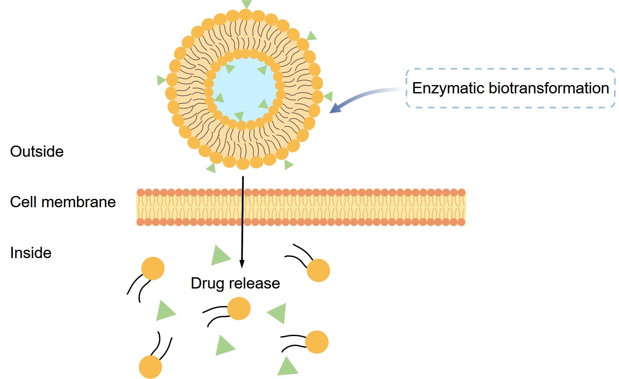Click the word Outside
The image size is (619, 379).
tap(37, 151)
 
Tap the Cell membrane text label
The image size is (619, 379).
tap(63, 202)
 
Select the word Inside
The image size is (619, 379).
tap(30, 253)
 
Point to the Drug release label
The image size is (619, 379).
tap(235, 283)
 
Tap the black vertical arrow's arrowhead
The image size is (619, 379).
tap(241, 264)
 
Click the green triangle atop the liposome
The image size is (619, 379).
tap(246, 4)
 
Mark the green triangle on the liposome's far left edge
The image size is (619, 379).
tap(161, 80)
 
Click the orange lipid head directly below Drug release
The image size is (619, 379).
tap(239, 309)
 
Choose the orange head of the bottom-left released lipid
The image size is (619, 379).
tap(150, 367)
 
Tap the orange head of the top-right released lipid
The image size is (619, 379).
tap(318, 270)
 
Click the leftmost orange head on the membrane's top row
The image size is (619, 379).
tap(141, 192)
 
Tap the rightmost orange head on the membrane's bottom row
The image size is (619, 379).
tap(461, 222)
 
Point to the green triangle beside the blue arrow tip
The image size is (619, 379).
tap(328, 97)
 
